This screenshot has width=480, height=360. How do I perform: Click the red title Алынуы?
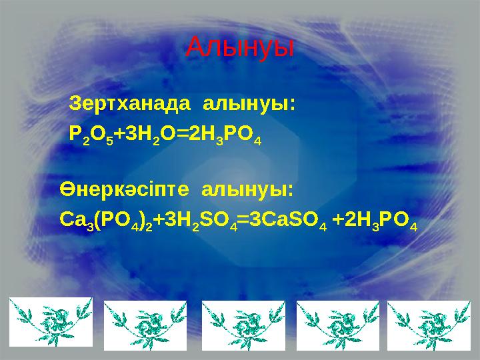point(239,47)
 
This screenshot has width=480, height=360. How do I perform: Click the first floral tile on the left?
point(51,322)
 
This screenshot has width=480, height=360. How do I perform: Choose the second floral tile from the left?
point(146,324)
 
